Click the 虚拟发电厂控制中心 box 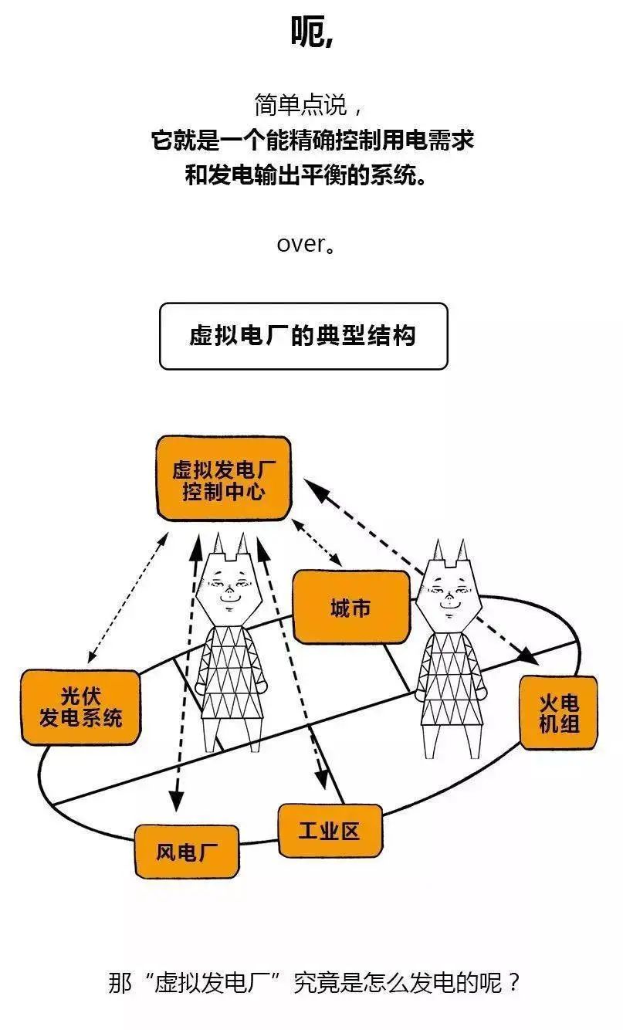(223, 479)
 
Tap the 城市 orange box (350, 608)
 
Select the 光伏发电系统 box (80, 707)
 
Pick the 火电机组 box (558, 713)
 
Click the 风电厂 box (186, 852)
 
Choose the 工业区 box (330, 831)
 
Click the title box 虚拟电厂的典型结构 (303, 336)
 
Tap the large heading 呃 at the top (311, 31)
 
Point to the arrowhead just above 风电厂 (177, 803)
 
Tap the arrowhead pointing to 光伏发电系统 (91, 657)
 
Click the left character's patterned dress (229, 672)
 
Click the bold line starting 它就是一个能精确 (311, 141)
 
